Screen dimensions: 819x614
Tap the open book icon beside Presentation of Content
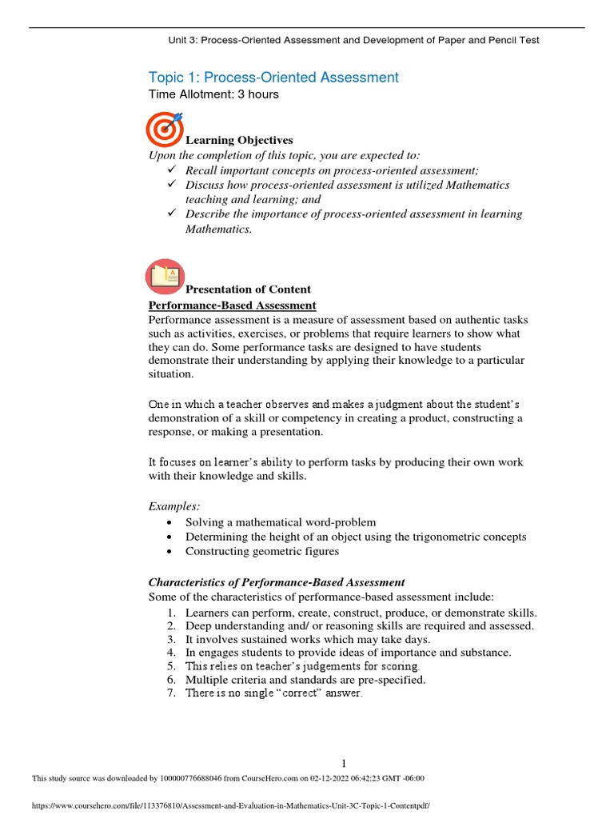coord(165,276)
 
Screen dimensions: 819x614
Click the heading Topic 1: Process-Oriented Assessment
coord(273,77)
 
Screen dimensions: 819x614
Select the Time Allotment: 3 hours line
coord(213,94)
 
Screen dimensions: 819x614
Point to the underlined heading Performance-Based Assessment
coord(232,306)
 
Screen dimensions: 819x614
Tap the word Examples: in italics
coord(174,506)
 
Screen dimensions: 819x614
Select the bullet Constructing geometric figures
coord(262,551)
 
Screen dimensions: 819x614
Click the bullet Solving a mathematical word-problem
coord(280,521)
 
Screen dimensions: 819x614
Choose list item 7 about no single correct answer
coord(273,693)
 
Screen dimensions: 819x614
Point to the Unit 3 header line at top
coord(353,40)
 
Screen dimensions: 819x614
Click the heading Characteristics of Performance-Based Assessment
coord(277,582)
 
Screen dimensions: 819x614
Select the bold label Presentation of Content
coord(248,289)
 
